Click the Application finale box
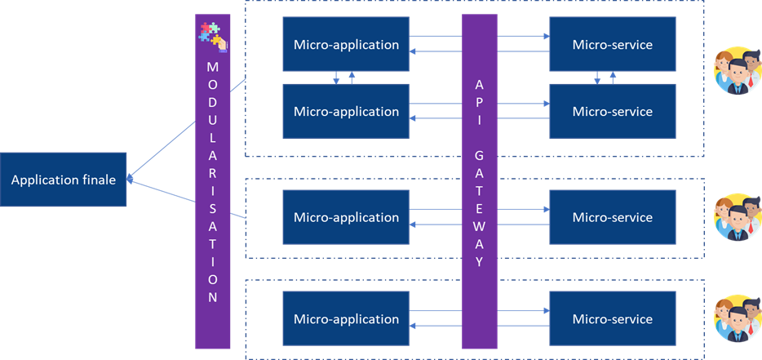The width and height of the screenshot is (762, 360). point(64,179)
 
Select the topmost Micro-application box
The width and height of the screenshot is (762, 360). point(346,44)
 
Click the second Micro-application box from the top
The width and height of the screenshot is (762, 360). point(346,111)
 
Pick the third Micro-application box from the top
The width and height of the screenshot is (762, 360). point(346,217)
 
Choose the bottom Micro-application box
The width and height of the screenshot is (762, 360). point(346,319)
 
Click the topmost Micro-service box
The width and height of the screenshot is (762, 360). point(612,44)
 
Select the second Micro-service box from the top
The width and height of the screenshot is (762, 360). point(612,111)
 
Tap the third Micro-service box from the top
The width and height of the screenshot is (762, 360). point(612,217)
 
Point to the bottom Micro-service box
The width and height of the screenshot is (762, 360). point(612,319)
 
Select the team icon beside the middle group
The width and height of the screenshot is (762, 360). point(737,217)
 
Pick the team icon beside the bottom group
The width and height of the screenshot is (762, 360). point(737,319)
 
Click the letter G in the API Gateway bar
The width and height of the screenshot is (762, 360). point(480,153)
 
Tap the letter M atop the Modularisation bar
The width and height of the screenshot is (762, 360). point(212,65)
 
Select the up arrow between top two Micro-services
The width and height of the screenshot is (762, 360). point(613,76)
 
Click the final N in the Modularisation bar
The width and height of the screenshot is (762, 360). point(212,297)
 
